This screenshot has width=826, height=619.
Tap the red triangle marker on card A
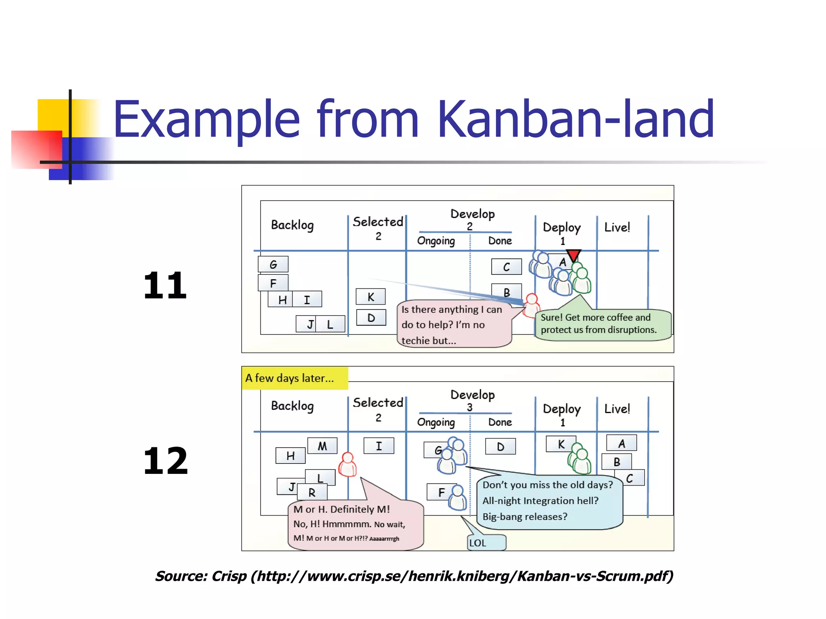(x=573, y=255)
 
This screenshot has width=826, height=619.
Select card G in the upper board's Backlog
(x=273, y=264)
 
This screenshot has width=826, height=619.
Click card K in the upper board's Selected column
(x=371, y=297)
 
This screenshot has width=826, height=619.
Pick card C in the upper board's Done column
(x=506, y=267)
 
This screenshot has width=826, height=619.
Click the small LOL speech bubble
(x=486, y=542)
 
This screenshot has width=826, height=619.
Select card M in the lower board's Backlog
(x=322, y=446)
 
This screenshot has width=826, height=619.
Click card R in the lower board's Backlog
(x=312, y=492)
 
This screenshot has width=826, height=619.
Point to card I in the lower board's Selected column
(x=379, y=446)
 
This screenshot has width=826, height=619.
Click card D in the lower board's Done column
(x=501, y=447)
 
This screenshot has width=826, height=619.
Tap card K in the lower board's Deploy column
(x=561, y=444)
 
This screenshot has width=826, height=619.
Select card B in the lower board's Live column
(x=616, y=462)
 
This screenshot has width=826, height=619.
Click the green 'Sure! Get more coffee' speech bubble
(x=603, y=324)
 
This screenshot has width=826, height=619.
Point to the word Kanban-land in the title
(x=576, y=119)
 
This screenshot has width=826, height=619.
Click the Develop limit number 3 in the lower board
(x=469, y=407)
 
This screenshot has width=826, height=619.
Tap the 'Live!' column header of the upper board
(x=617, y=227)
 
